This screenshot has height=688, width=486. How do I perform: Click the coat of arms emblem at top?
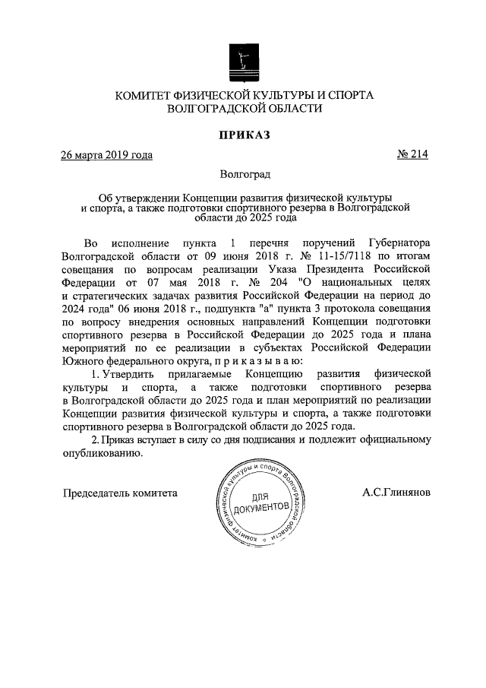244,59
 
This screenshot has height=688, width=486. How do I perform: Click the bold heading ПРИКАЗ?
244,135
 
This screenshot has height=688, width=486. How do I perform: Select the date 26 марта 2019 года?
106,155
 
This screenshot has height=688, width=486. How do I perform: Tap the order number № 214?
412,155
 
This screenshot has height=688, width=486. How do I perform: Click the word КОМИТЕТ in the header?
146,95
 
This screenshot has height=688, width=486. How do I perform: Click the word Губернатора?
394,243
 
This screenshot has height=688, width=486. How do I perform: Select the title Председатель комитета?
119,492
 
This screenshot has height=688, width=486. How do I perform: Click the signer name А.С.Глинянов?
396,492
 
